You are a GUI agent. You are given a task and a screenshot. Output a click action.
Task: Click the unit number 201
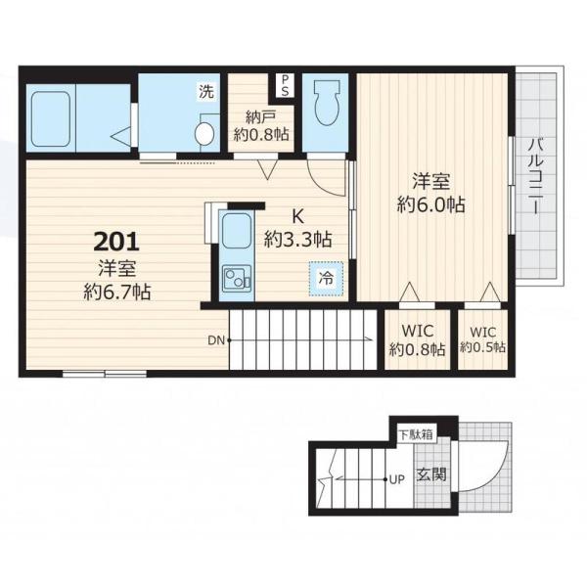pos(116,242)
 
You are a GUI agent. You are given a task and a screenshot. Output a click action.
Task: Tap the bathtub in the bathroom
pos(51,119)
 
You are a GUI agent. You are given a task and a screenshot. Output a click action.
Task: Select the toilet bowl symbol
pos(327,103)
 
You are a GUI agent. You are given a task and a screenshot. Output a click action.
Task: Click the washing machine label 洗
pos(206,91)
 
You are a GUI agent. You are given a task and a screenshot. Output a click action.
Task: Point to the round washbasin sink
pos(204,133)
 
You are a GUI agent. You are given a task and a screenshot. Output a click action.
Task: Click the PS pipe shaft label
pos(285,85)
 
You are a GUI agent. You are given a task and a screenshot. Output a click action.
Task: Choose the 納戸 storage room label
pos(261,117)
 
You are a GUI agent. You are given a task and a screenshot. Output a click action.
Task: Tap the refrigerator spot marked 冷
pos(326,278)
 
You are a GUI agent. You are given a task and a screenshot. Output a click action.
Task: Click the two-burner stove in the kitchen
pos(237,279)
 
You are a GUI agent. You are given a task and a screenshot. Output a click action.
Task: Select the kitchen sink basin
pos(236,230)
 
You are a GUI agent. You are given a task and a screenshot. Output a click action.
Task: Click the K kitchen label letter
pos(297,216)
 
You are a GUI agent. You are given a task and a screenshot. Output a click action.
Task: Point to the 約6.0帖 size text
pos(431,204)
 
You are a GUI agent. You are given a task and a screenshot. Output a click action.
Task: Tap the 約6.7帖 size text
pos(116,292)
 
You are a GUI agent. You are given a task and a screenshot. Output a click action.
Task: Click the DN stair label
pos(216,340)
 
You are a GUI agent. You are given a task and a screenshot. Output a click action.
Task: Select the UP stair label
pos(397,479)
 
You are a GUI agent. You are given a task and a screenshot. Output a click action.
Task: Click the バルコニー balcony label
pos(536,176)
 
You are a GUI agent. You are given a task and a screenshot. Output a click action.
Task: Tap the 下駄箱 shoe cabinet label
pos(416,435)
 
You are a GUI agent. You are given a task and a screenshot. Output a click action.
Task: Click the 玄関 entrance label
pos(431,474)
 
